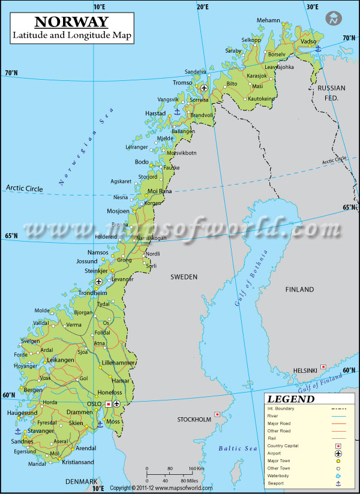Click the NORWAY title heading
point(71,22)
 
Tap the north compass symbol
point(333,19)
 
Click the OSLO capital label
point(95,403)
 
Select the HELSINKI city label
point(305,370)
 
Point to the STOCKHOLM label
point(194,420)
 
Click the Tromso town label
point(182,83)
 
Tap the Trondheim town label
point(92,293)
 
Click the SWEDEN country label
point(184,276)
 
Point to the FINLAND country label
point(299,290)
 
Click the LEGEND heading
point(291,399)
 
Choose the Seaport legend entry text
point(277,483)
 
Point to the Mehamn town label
point(268,20)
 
